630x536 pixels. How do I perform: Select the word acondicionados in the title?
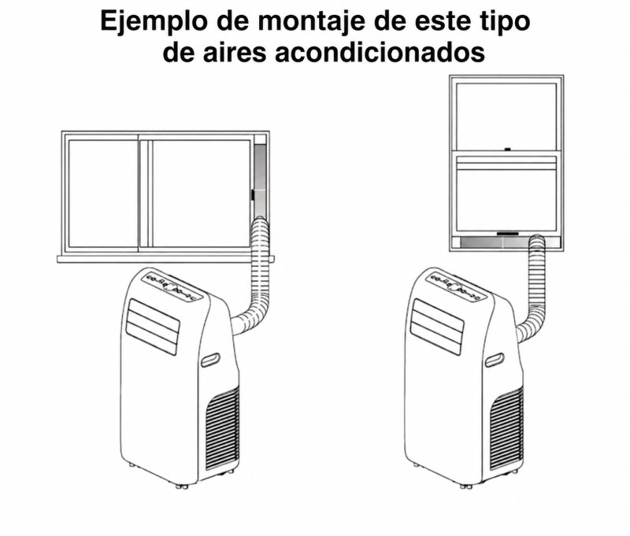380,53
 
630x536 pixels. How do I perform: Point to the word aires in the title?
235,53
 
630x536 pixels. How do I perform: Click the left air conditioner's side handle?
210,360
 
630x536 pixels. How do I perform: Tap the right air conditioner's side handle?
495,360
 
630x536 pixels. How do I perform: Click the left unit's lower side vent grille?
223,428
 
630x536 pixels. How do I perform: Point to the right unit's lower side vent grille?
507,429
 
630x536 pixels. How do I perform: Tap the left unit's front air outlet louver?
152,327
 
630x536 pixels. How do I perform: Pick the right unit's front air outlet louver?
437,327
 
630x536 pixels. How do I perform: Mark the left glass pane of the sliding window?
104,194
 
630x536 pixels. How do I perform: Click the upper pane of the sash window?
506,116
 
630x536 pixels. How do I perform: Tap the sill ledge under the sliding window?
165,259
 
